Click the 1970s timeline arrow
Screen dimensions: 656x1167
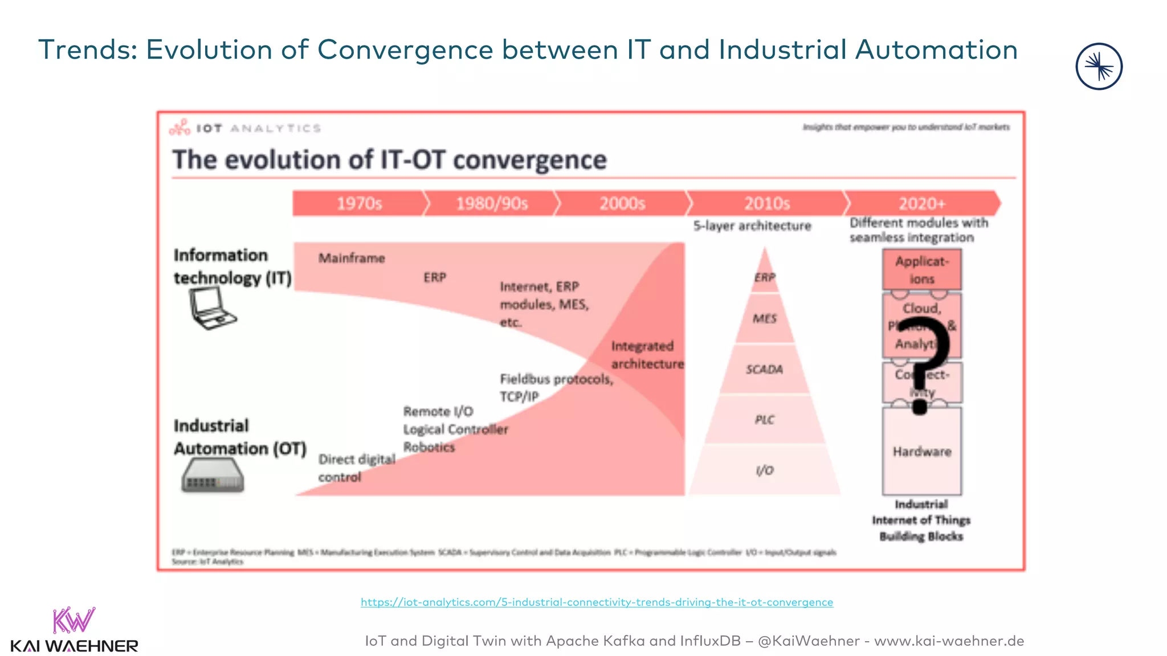coord(359,203)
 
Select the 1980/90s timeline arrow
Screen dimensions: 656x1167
coord(491,203)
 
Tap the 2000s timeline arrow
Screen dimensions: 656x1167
coord(622,203)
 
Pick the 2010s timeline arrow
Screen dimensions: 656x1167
coord(766,203)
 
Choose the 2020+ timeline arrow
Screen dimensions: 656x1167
coord(921,203)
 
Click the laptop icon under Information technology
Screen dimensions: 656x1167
coord(211,308)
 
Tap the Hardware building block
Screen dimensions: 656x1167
coord(921,452)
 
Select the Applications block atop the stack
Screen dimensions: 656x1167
coord(921,270)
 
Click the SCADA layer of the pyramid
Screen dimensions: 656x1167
coord(765,370)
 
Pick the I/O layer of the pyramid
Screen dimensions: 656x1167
coord(765,470)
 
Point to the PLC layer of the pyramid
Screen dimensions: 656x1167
coord(765,420)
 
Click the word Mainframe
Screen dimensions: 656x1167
coord(352,259)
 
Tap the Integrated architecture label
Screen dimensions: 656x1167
coord(646,355)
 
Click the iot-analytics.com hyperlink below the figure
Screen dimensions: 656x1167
coord(597,602)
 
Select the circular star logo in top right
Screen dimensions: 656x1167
coord(1099,67)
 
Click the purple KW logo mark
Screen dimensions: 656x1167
coord(74,621)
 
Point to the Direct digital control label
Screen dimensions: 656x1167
coord(356,468)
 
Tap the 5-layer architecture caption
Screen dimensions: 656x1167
coord(752,226)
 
